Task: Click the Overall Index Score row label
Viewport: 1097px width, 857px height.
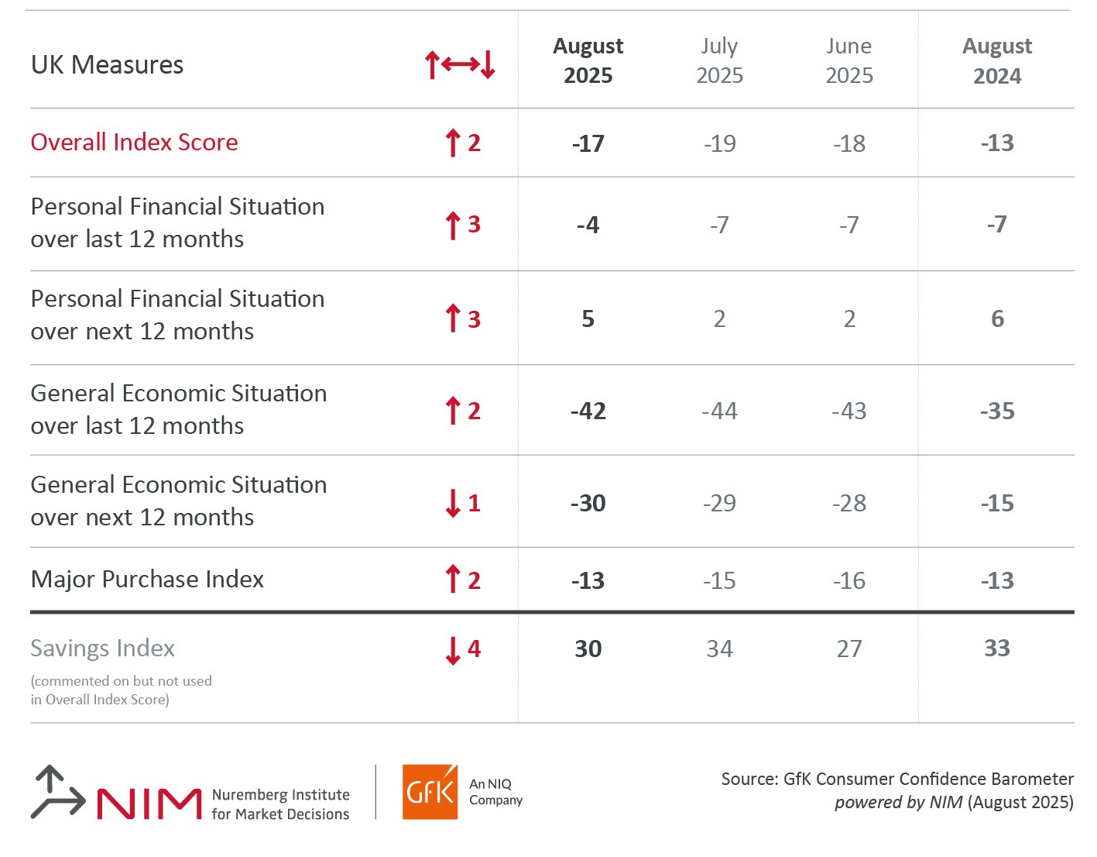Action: pos(134,143)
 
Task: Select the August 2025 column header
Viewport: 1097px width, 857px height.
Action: pos(588,60)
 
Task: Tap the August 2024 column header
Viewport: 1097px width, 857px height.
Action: pos(996,60)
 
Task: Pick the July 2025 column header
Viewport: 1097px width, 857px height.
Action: pos(719,60)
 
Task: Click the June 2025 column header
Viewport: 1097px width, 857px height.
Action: pos(848,60)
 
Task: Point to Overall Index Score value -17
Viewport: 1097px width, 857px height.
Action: pos(588,143)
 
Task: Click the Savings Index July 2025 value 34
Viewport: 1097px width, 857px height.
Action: pos(719,649)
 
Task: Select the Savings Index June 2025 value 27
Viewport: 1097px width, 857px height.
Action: pos(848,649)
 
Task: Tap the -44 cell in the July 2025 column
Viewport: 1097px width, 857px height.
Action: pos(719,411)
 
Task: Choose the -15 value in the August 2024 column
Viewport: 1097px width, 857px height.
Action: pos(996,503)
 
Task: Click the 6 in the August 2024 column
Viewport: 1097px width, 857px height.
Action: pos(997,318)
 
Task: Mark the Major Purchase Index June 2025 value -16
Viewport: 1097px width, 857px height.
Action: pos(848,580)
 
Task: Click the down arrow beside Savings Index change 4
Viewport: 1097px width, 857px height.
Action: pos(453,650)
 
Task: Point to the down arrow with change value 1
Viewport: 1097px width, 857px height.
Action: pos(453,503)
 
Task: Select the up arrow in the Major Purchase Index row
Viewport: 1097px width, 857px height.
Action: pos(453,580)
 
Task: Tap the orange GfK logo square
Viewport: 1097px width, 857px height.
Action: pos(430,792)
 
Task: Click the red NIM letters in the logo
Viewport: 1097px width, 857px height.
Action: pos(149,804)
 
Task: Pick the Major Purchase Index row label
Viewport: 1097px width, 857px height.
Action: pos(147,580)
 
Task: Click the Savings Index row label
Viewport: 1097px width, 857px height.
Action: pos(102,648)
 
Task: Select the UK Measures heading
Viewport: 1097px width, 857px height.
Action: pos(107,65)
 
